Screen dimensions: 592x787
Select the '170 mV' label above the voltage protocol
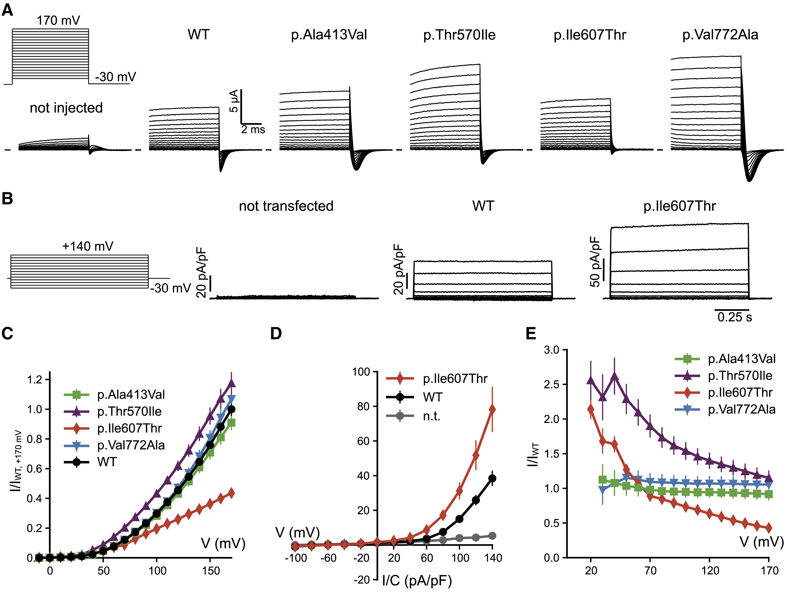click(58, 21)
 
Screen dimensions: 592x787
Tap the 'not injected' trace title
click(66, 108)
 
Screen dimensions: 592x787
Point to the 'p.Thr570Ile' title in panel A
click(459, 35)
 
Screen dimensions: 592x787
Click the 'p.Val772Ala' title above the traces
click(720, 35)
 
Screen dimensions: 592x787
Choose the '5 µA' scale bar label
click(234, 101)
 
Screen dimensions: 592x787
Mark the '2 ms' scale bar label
click(253, 129)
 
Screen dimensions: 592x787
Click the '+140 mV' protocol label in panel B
click(88, 246)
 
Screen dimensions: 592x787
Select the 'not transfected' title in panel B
click(286, 206)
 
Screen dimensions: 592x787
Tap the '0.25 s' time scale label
click(735, 317)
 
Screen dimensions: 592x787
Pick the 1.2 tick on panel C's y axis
click(34, 379)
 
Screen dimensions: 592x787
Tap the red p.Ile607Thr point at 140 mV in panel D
click(492, 410)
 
